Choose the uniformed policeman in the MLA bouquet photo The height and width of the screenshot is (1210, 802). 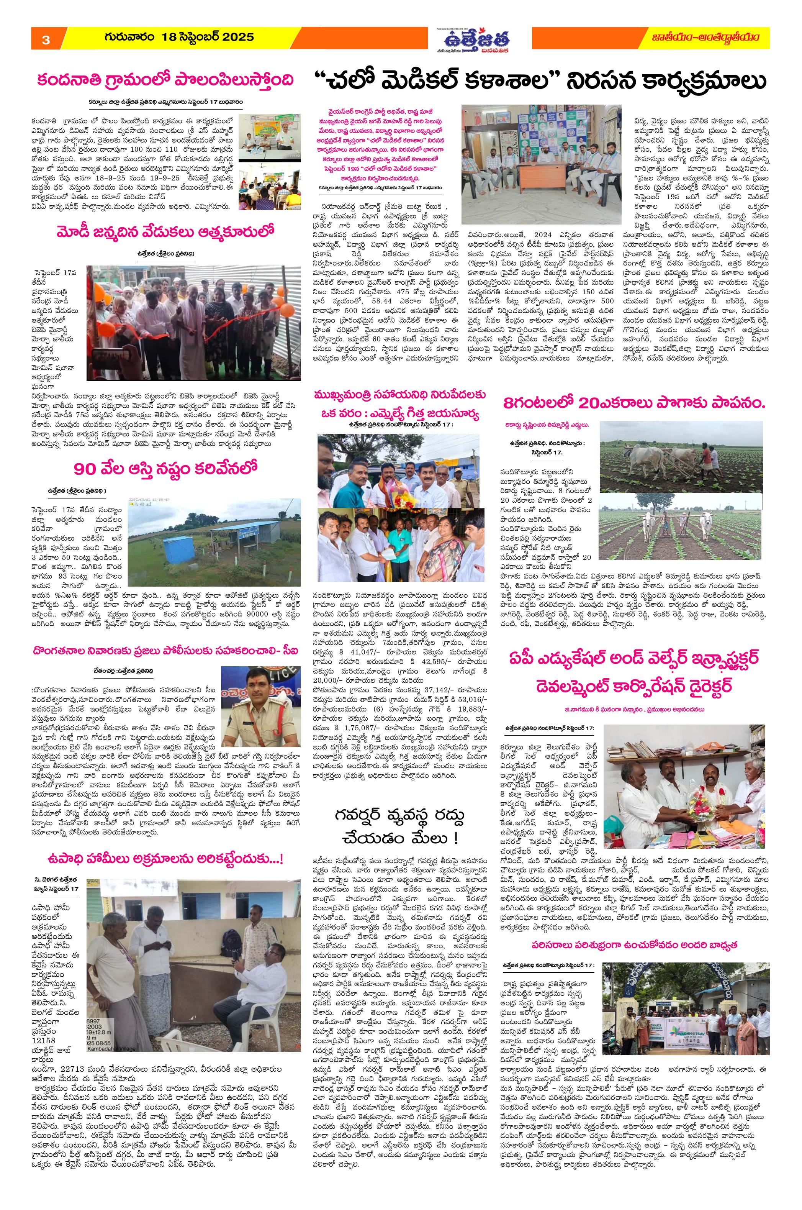coord(457,482)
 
